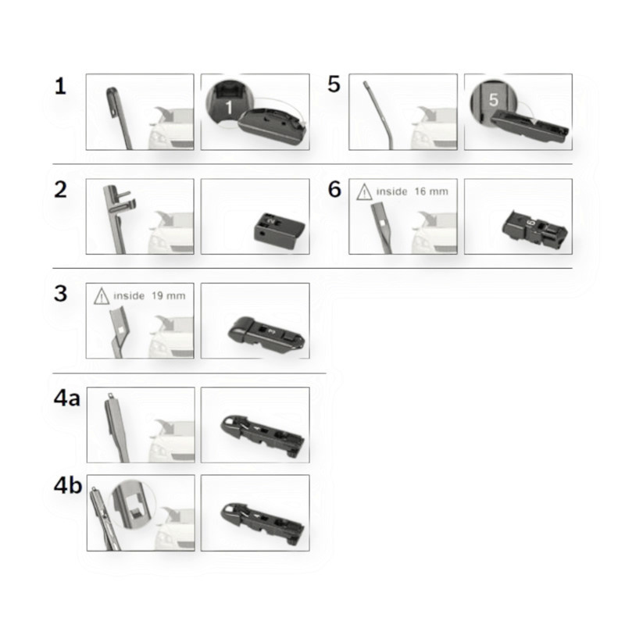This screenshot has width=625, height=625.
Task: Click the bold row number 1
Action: coord(60,86)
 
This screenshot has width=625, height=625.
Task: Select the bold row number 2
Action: coord(61,189)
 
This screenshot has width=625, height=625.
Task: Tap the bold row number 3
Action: coord(61,294)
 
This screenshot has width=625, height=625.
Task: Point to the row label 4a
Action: coord(67,398)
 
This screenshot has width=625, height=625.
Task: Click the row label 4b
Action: coord(68,485)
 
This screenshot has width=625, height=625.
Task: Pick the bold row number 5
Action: coord(334,84)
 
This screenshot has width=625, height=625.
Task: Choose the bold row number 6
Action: coord(334,189)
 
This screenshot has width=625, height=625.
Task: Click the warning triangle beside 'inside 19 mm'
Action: coord(102,296)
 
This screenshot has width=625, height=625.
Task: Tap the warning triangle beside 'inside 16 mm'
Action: coord(364,191)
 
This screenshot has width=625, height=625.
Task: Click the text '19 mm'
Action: coord(168,296)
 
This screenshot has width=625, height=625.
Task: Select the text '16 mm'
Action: coord(431,191)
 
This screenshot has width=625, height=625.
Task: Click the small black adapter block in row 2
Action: coord(279,230)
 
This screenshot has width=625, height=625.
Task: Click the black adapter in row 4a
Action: coord(262,436)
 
